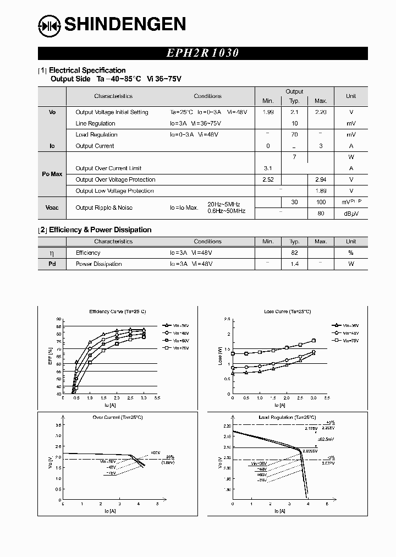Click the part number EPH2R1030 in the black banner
pos(202,53)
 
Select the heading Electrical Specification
pos(87,70)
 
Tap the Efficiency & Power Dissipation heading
pos(100,230)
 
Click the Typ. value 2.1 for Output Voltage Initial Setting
pos(294,112)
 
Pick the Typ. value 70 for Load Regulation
pos(294,134)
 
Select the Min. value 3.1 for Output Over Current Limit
pos(268,168)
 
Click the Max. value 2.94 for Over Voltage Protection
pos(321,179)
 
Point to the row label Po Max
pos(52,174)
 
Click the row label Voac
pos(52,207)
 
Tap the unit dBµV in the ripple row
pos(350,214)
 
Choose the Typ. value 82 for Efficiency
pos(294,253)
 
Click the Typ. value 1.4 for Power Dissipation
pos(294,264)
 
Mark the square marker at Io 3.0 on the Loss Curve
pos(313,341)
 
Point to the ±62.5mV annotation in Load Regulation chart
pos(325,439)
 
